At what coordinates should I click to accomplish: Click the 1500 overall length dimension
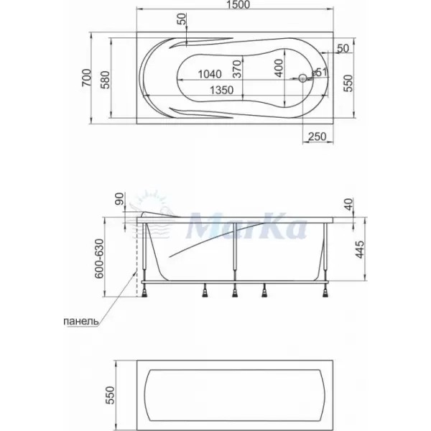tap(238, 4)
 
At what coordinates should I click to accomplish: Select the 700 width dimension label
tap(86, 78)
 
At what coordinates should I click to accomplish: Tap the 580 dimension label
tap(105, 80)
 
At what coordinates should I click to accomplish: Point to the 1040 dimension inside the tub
tap(210, 74)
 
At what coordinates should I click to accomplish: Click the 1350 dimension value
tap(221, 90)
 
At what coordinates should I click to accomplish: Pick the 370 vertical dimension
tap(236, 69)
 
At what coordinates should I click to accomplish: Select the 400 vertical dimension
tap(279, 68)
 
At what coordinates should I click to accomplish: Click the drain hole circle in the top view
tap(302, 78)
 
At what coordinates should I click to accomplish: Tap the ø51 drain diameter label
tap(320, 73)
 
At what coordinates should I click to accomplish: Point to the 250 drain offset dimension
tap(318, 136)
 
